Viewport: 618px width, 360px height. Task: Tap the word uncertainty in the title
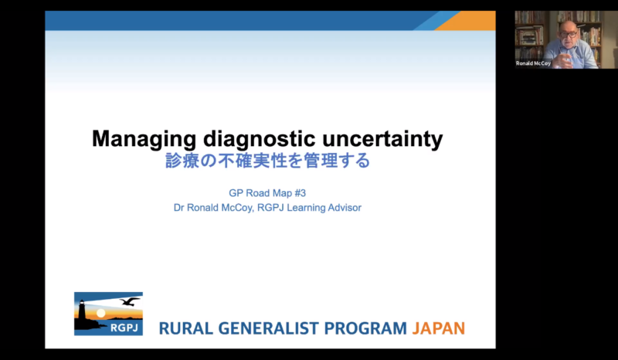click(x=382, y=139)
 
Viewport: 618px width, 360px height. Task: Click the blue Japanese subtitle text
click(x=267, y=161)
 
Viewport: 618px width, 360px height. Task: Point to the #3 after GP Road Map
click(x=301, y=193)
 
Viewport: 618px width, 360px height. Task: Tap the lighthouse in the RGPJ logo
click(x=83, y=314)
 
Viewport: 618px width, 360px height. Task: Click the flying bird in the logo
click(x=129, y=301)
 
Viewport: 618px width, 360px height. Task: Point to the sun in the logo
click(x=101, y=313)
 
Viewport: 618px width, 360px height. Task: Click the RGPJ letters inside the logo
click(x=124, y=328)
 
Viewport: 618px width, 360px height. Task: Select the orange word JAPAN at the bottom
click(x=439, y=328)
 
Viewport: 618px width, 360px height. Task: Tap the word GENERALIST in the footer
click(x=268, y=328)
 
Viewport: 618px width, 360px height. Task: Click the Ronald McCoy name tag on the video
click(x=533, y=63)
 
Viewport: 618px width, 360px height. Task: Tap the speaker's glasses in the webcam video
click(x=568, y=35)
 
